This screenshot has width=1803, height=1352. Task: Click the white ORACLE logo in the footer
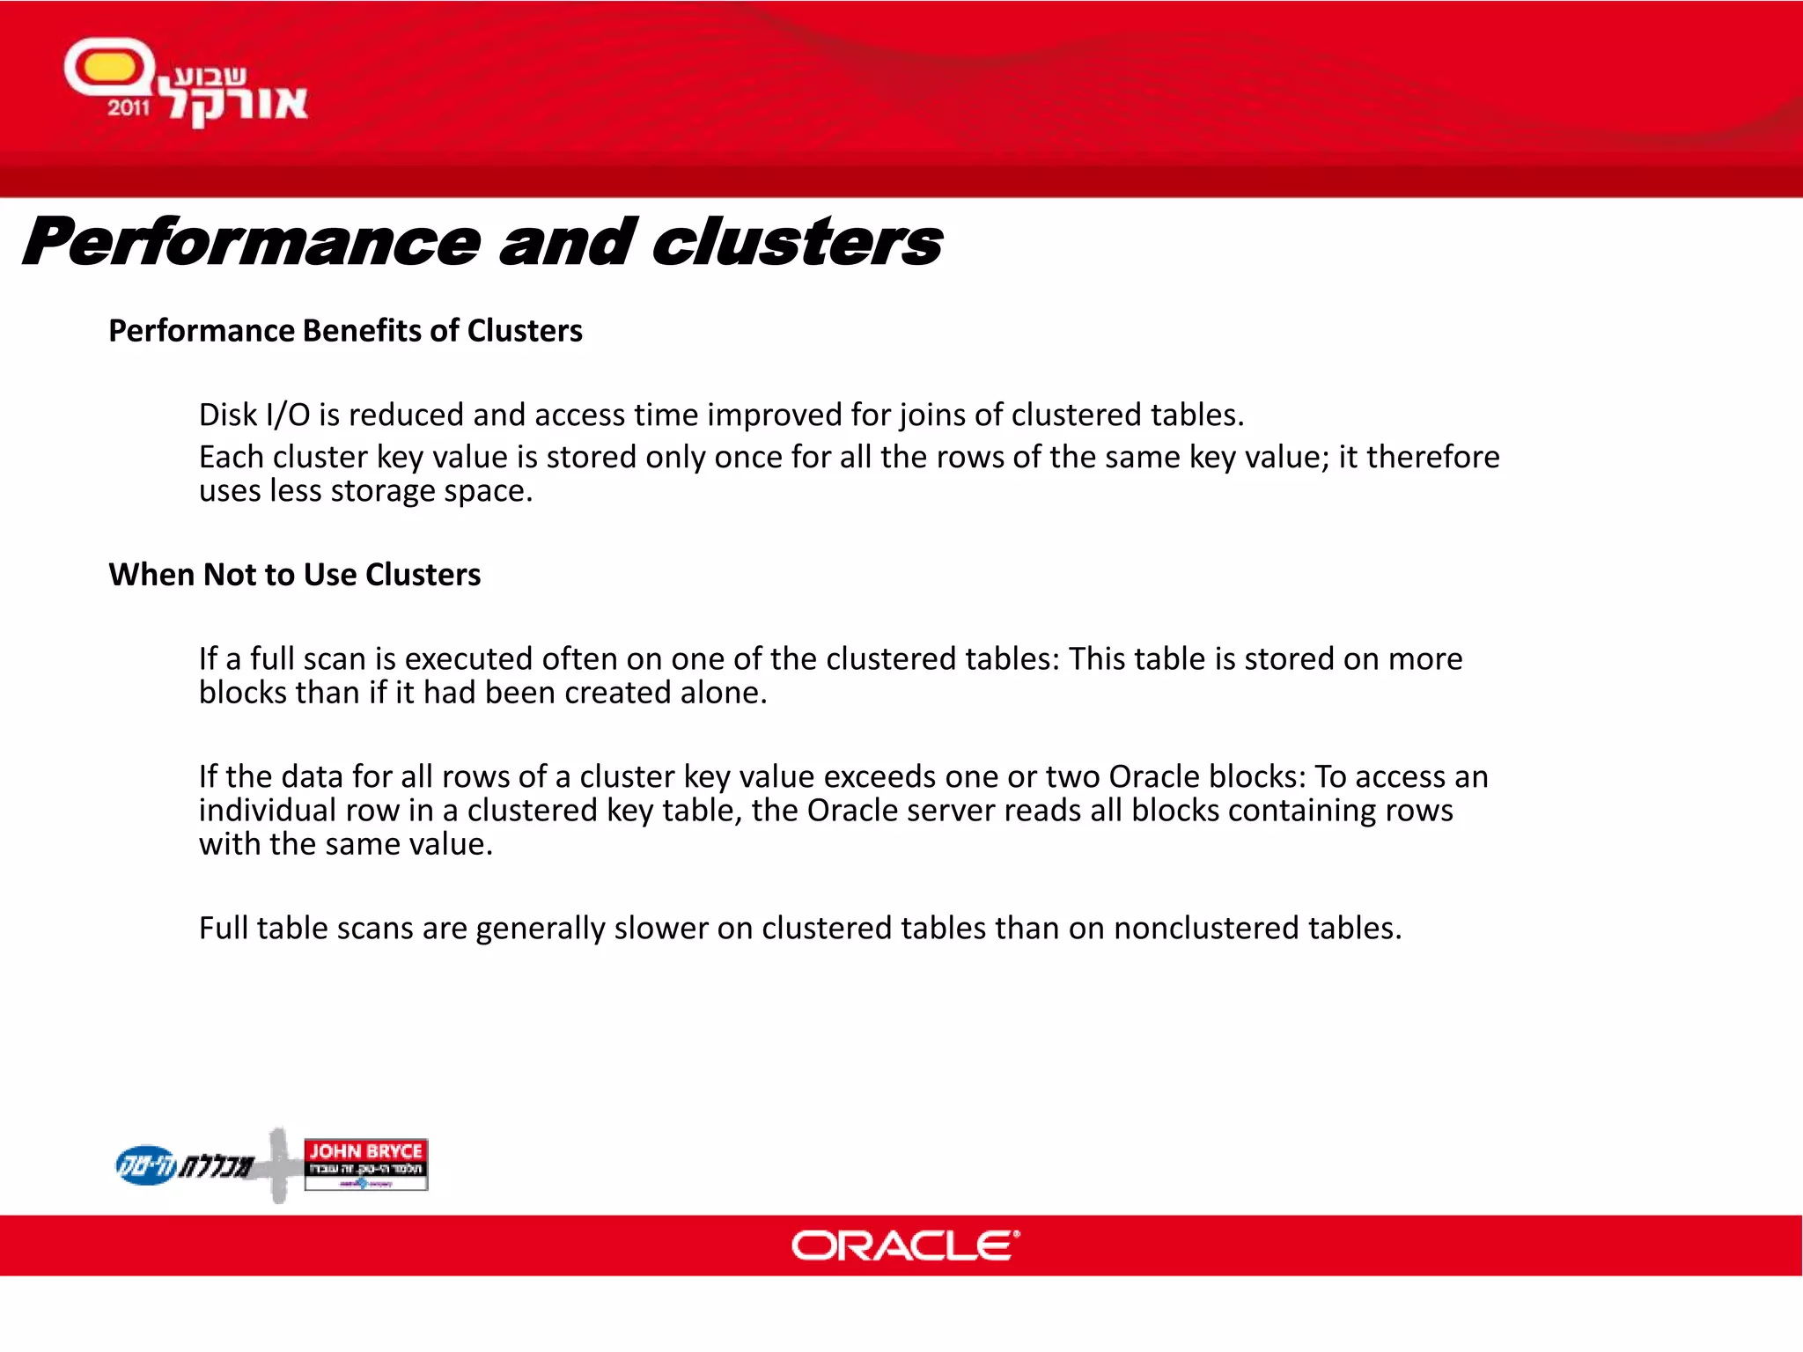pyautogui.click(x=905, y=1245)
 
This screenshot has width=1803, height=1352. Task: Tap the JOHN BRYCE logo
pyautogui.click(x=365, y=1163)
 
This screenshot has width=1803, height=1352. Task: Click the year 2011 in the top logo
pyautogui.click(x=129, y=108)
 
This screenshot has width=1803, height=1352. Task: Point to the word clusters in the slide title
pyautogui.click(x=797, y=242)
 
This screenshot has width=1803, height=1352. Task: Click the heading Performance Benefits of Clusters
pyautogui.click(x=345, y=331)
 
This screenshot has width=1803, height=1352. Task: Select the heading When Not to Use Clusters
pyautogui.click(x=294, y=575)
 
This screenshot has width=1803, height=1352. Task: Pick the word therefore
pyautogui.click(x=1432, y=457)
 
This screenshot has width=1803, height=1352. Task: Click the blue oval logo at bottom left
pyautogui.click(x=146, y=1165)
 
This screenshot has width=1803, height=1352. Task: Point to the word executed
pyautogui.click(x=467, y=658)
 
